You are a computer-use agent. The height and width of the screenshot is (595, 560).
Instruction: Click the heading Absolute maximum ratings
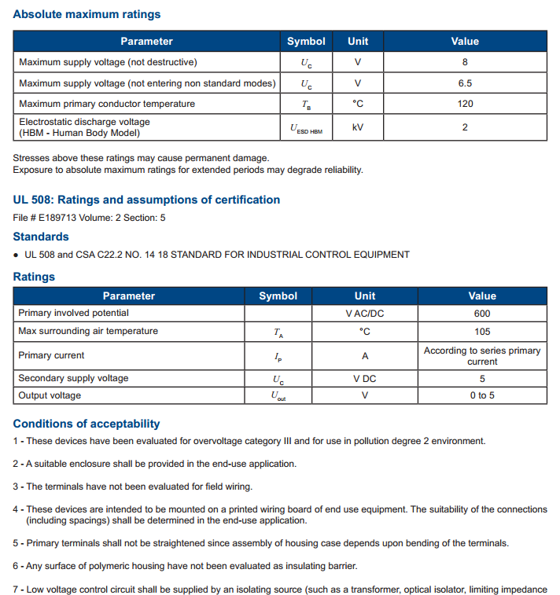click(x=87, y=14)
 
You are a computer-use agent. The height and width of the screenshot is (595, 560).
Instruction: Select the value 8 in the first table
click(x=465, y=62)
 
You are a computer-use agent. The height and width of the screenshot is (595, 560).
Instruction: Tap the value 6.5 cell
click(x=465, y=83)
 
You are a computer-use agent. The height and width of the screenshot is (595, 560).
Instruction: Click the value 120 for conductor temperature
click(x=465, y=104)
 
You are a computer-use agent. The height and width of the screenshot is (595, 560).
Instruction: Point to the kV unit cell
click(x=358, y=127)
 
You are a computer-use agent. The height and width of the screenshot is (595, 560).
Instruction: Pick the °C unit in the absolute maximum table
click(x=358, y=104)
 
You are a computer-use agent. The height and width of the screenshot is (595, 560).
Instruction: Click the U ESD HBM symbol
click(x=306, y=127)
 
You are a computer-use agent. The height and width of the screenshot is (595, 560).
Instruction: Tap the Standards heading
click(x=41, y=237)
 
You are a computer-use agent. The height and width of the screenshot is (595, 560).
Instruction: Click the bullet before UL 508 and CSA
click(x=17, y=255)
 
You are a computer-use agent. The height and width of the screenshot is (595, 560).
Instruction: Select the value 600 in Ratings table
click(x=482, y=313)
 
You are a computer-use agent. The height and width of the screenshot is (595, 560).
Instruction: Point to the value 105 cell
click(x=482, y=331)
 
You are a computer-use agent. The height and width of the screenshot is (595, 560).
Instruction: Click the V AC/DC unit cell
click(x=365, y=313)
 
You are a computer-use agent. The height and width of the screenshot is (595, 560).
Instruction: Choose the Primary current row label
click(x=51, y=355)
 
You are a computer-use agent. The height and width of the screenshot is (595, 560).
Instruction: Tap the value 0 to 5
click(x=482, y=395)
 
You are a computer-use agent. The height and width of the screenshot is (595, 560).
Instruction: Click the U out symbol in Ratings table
click(x=278, y=396)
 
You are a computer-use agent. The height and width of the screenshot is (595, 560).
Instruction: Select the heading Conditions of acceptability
click(x=87, y=424)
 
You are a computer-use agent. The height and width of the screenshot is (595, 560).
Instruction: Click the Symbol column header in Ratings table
click(x=278, y=296)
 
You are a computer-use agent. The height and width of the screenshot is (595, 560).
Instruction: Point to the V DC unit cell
click(x=365, y=378)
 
